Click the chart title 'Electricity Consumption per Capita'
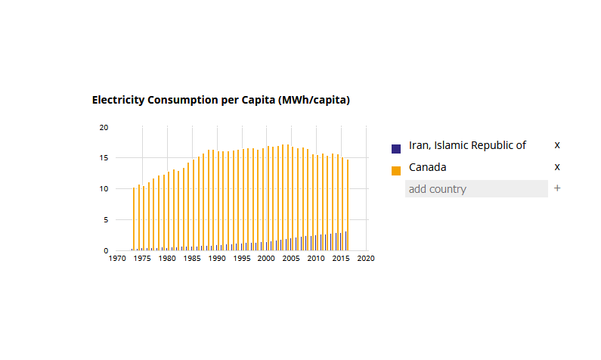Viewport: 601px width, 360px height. [221, 100]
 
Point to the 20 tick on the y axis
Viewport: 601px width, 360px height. [104, 127]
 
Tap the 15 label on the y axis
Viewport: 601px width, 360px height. [104, 158]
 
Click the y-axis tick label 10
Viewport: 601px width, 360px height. [104, 189]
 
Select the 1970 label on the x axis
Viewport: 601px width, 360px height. [117, 258]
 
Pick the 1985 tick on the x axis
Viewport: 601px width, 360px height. [192, 258]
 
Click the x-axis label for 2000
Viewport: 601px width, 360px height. [266, 258]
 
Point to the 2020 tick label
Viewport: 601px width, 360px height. [366, 258]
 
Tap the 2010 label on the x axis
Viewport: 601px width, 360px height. [316, 258]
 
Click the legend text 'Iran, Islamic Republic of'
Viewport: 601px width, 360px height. [467, 145]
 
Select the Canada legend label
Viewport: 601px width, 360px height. [427, 167]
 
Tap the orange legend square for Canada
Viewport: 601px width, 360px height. [396, 170]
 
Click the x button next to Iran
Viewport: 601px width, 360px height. [557, 145]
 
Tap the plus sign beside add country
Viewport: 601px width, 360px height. [557, 188]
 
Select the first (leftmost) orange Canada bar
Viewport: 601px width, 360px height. [134, 219]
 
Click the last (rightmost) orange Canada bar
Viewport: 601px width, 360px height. [348, 204]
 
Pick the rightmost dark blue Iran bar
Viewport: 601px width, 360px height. [345, 241]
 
